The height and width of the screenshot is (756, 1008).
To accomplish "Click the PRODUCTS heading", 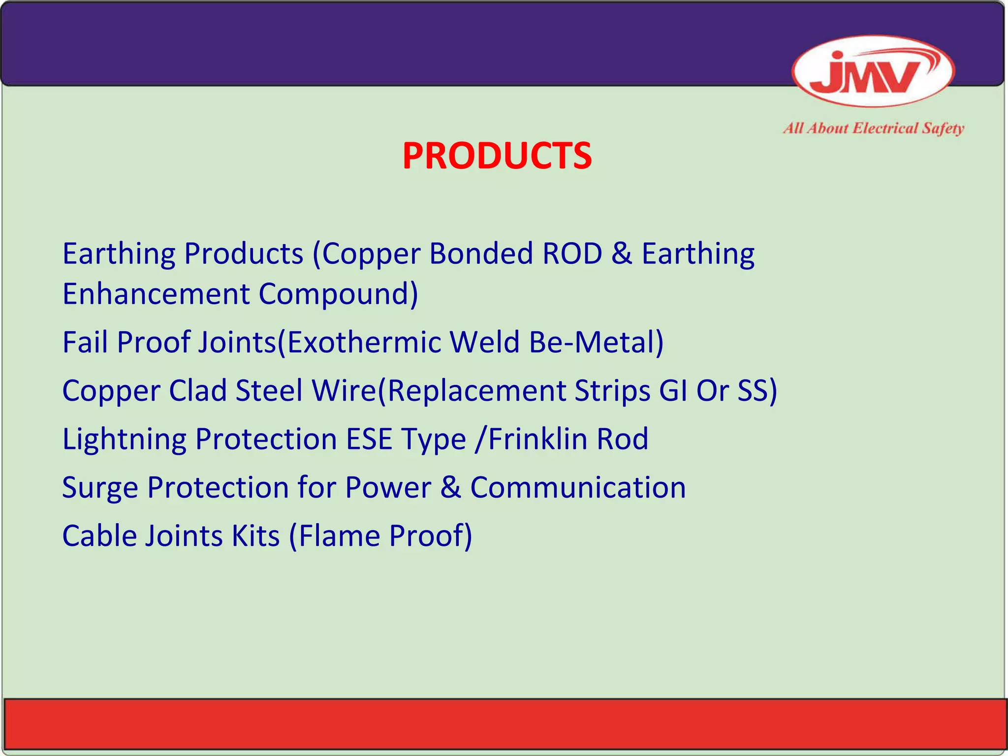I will click(x=497, y=156).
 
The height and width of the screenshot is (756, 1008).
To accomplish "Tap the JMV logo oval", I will click(x=873, y=72).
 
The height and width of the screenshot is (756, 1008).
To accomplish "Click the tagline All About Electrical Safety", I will click(x=873, y=128).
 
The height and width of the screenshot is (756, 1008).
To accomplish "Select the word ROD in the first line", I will click(x=572, y=254).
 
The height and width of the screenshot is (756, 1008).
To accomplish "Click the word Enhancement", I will click(x=156, y=294).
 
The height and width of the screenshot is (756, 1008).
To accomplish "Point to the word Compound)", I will click(x=339, y=294).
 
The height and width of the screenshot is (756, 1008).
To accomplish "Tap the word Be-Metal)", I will click(x=596, y=342).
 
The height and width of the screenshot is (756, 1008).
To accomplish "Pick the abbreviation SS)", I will click(x=757, y=390).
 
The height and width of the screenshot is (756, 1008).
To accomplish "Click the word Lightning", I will click(x=124, y=440).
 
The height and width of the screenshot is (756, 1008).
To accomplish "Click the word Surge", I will click(x=100, y=488).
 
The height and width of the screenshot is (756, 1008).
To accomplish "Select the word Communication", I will click(x=578, y=487).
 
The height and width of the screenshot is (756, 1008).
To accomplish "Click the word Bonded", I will click(x=481, y=254).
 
